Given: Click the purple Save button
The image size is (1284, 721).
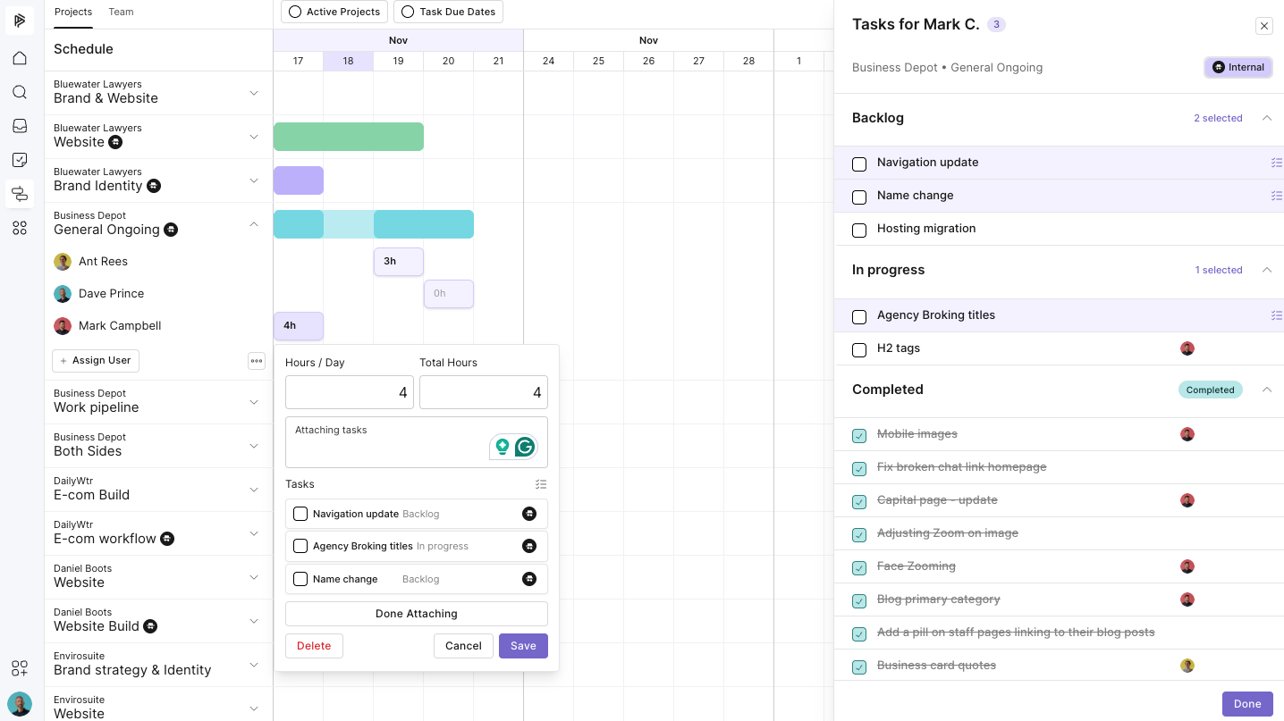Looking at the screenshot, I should coord(523,646).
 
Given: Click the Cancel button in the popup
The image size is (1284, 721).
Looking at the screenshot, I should coord(463,646).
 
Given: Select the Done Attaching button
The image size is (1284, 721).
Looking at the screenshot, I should coord(416,614).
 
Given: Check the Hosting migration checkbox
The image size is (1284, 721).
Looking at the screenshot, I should coord(859,231).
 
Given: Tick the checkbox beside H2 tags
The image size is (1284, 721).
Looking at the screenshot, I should coord(859,350).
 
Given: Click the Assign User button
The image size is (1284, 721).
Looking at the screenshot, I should coord(96,360).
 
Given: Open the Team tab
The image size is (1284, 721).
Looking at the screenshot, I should coord(121,12).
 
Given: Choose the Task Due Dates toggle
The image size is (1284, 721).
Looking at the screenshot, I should coord(449,12).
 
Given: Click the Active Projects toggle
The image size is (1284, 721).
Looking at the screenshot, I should coord(334,12).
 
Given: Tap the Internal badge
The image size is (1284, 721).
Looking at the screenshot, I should coord(1238,67).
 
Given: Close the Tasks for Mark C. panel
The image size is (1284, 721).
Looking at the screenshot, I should coord(1264,26).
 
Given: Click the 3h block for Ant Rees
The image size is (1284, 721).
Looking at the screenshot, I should coord(399,262).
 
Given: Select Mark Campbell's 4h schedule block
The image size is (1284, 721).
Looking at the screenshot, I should coord(299,326).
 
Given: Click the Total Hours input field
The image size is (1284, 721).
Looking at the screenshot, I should coord(483,392).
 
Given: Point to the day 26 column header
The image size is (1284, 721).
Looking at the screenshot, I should coord(648,61).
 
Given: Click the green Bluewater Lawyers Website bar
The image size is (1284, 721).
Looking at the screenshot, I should coord(348,137).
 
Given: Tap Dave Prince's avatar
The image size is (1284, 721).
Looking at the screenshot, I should coord(63,294).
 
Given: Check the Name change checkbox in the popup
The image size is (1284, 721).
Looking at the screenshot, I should coord(300,579).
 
